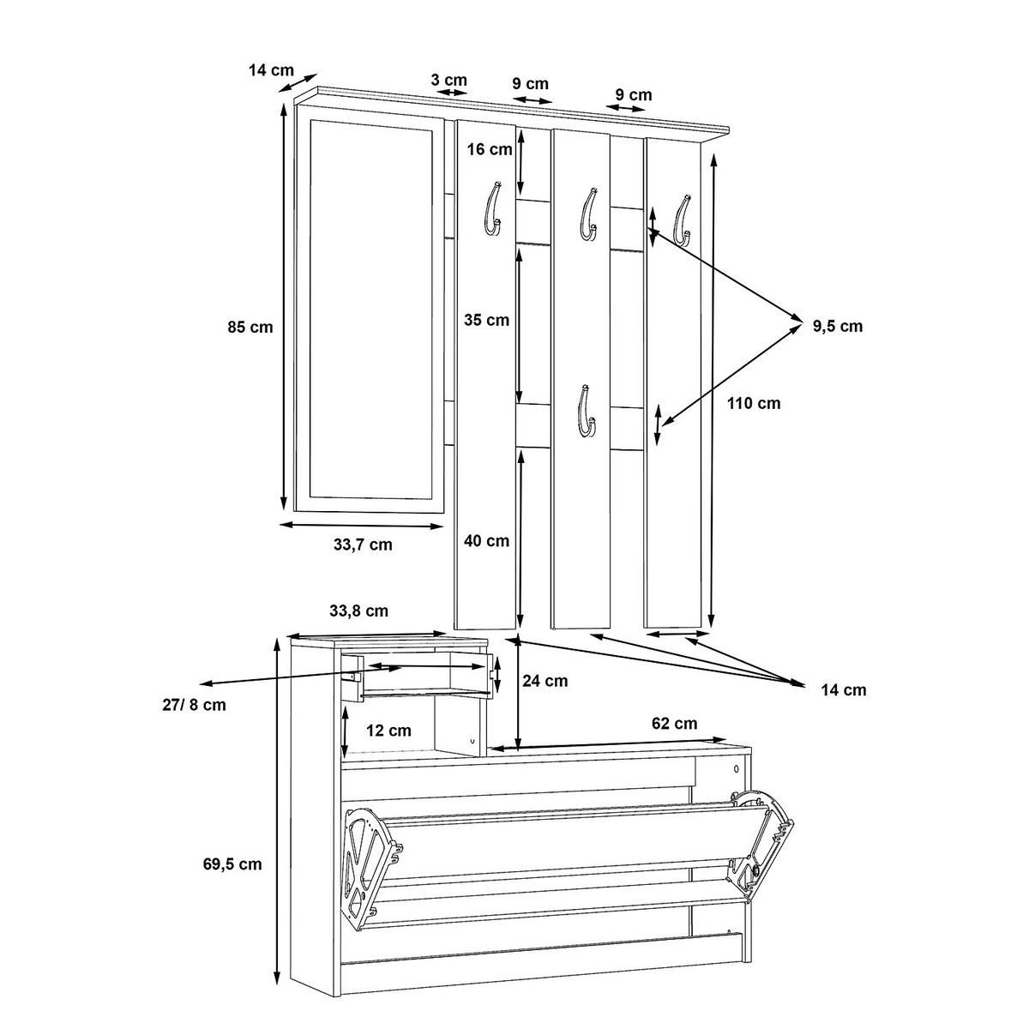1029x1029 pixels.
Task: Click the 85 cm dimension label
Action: pos(251,327)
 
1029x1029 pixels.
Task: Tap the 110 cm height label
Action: pos(754,402)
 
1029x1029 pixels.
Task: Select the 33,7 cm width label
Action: pos(363,545)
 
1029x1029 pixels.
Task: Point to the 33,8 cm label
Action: pos(359,611)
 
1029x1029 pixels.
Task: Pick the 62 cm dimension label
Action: pos(674,723)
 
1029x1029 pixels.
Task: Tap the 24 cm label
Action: pos(545,681)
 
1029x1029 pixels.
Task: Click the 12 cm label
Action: pos(388,731)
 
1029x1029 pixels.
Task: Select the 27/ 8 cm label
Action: pos(193,705)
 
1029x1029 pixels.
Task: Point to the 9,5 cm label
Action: pos(838,326)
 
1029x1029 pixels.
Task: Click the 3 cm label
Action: pos(448,80)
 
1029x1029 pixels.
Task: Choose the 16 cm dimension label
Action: pos(490,150)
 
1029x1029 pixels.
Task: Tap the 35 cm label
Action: pos(486,321)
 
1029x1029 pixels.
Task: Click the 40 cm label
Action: pos(486,541)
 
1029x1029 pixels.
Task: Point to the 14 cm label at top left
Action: pos(271,70)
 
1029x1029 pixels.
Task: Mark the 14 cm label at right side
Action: pos(843,689)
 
